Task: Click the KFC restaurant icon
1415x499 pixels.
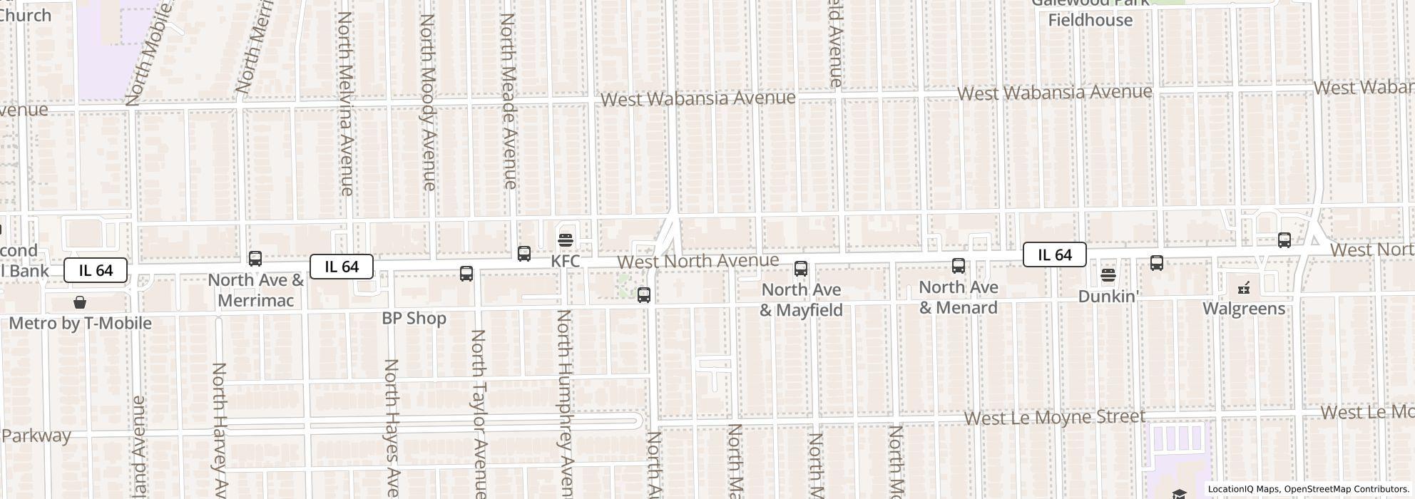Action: pyautogui.click(x=566, y=240)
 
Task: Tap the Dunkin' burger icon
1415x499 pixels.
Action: pyautogui.click(x=1108, y=274)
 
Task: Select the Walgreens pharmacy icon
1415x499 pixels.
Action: pyautogui.click(x=1244, y=288)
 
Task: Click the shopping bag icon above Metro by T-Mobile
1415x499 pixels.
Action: pyautogui.click(x=80, y=302)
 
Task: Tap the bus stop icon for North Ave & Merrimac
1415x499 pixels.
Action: pyautogui.click(x=255, y=259)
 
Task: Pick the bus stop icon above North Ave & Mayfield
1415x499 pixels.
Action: pyautogui.click(x=801, y=269)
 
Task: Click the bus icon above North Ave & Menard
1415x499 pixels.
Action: pyautogui.click(x=959, y=267)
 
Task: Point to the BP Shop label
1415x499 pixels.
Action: pyautogui.click(x=414, y=318)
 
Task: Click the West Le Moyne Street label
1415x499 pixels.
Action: pyautogui.click(x=1055, y=417)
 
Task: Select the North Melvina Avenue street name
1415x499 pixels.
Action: pyautogui.click(x=345, y=103)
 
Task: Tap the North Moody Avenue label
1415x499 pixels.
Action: pyautogui.click(x=427, y=102)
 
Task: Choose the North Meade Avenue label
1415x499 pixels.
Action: pyautogui.click(x=508, y=101)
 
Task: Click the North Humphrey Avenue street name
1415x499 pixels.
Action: pyautogui.click(x=566, y=403)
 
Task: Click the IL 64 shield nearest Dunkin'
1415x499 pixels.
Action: pyautogui.click(x=1054, y=254)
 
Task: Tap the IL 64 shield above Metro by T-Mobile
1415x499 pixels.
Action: pyautogui.click(x=96, y=270)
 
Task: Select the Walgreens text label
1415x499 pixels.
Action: pyautogui.click(x=1244, y=309)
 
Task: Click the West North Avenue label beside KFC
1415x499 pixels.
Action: pyautogui.click(x=698, y=261)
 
